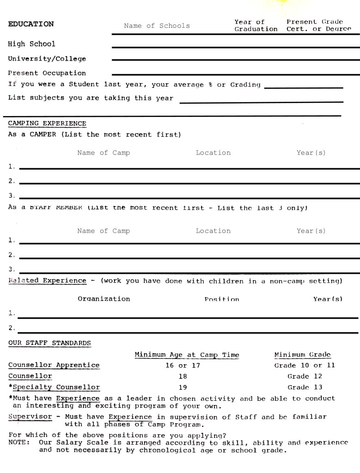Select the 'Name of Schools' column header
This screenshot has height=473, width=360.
coord(157,26)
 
